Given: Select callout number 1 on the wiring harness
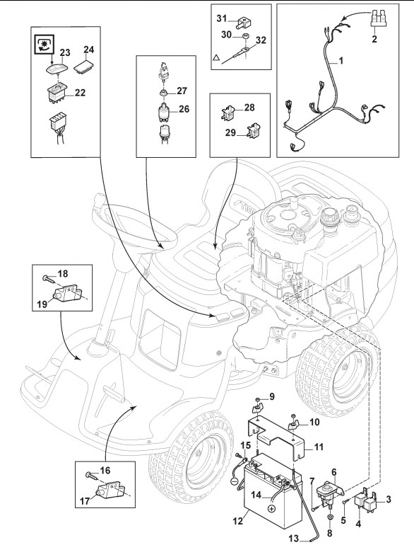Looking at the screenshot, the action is point(341,61).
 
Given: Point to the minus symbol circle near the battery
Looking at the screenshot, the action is point(234,483).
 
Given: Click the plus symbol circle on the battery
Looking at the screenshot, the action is point(271,509).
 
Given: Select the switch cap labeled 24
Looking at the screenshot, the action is point(83,66).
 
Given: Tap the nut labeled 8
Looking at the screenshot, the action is point(330,517).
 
